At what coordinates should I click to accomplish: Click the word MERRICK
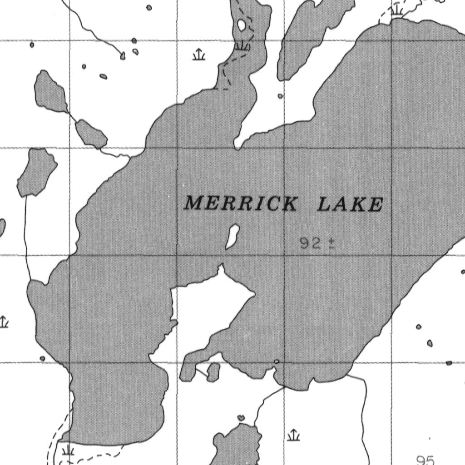(241, 203)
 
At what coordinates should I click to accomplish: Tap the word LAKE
(350, 204)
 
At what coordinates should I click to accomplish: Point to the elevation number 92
(310, 243)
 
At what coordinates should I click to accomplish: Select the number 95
(425, 460)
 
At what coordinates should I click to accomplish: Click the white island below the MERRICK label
(232, 237)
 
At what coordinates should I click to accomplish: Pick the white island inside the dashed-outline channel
(242, 25)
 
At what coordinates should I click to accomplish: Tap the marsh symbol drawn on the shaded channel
(243, 45)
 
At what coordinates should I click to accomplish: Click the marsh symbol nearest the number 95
(294, 435)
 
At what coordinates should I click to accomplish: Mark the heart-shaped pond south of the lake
(241, 417)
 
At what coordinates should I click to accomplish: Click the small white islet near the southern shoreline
(277, 361)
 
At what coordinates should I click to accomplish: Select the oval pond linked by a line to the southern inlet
(213, 372)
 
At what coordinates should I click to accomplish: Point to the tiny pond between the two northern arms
(280, 96)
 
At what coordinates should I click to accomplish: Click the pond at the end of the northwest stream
(123, 56)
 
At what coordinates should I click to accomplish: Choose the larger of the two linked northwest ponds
(50, 91)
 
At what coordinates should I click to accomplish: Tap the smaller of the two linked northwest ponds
(90, 133)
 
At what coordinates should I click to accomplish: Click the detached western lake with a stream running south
(37, 172)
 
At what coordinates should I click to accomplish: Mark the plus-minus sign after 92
(331, 244)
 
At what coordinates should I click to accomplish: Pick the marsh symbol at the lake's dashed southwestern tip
(68, 450)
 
